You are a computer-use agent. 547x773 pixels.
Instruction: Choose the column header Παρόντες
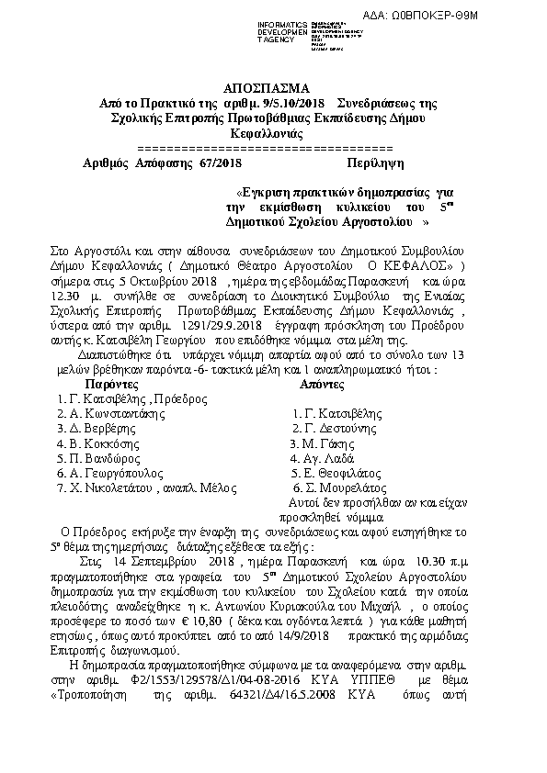pos(115,384)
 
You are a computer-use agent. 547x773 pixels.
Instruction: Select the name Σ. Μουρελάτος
pos(336,487)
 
